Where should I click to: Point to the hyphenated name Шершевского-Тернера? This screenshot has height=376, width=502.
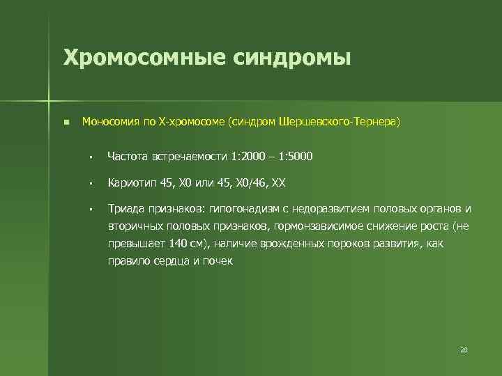337,122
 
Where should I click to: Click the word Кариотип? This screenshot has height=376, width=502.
132,182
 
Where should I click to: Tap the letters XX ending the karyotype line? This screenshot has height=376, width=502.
277,182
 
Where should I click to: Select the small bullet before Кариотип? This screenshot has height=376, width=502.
91,183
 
